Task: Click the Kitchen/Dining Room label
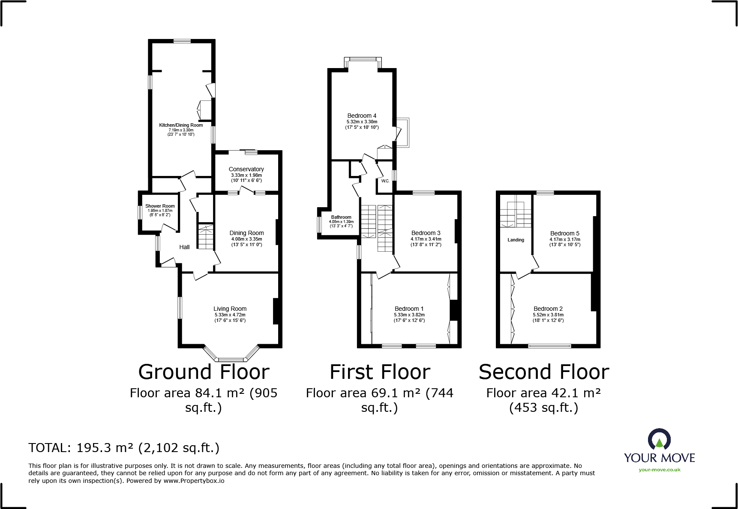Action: pyautogui.click(x=181, y=125)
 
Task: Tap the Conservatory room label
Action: pyautogui.click(x=246, y=169)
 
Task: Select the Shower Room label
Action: pyautogui.click(x=160, y=206)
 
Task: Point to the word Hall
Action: pyautogui.click(x=184, y=247)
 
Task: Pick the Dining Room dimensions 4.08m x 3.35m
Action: pyautogui.click(x=246, y=239)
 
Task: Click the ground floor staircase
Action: pyautogui.click(x=206, y=236)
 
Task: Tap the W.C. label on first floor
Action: pyautogui.click(x=385, y=181)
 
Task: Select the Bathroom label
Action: pyautogui.click(x=341, y=217)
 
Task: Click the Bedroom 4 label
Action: pyautogui.click(x=362, y=116)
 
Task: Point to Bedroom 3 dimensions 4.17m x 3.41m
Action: pyautogui.click(x=426, y=239)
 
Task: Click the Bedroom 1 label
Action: pyautogui.click(x=409, y=309)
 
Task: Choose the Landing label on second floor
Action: pyautogui.click(x=516, y=240)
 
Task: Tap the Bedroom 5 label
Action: pyautogui.click(x=564, y=233)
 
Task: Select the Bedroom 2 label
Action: pyautogui.click(x=548, y=309)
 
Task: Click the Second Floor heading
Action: pyautogui.click(x=543, y=372)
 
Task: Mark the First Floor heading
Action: pyautogui.click(x=380, y=372)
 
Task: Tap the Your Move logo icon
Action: pyautogui.click(x=659, y=439)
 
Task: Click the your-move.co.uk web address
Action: pyautogui.click(x=659, y=470)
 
